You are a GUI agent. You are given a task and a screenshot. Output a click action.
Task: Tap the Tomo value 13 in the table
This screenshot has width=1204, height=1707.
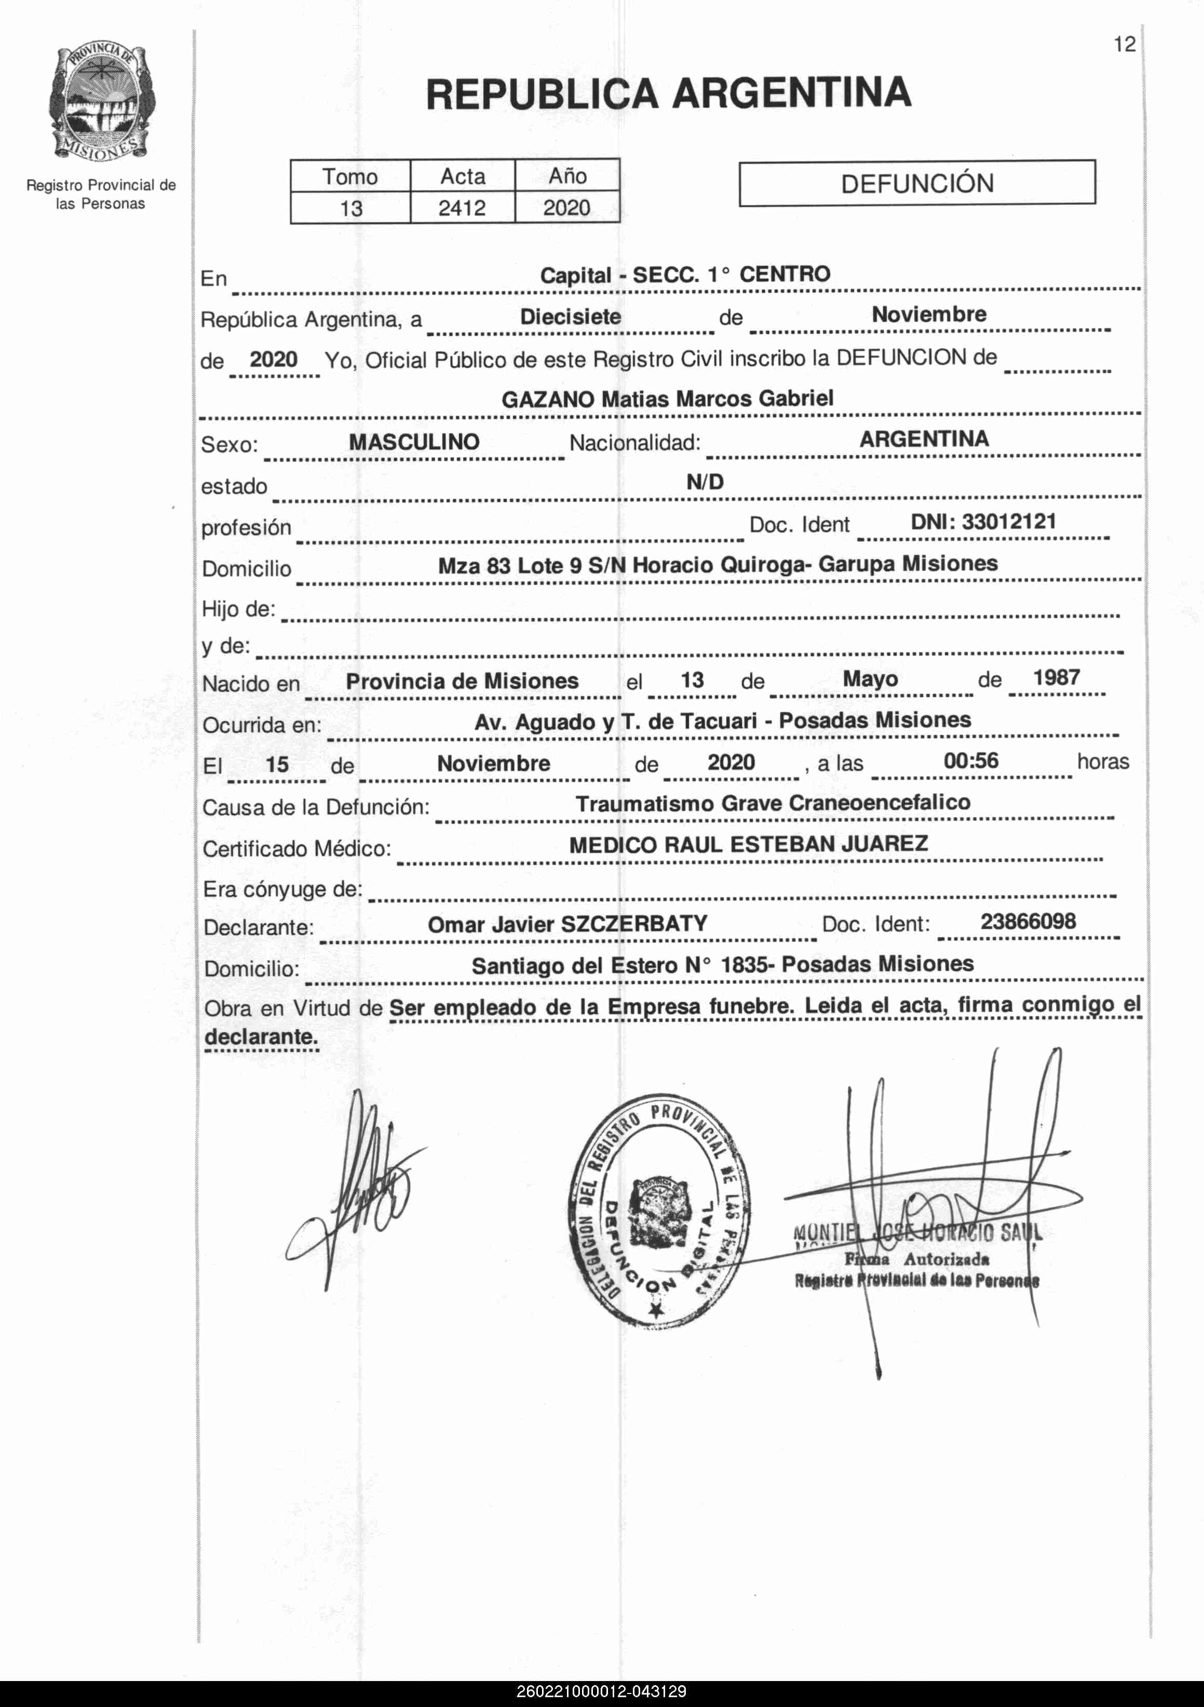click(x=351, y=208)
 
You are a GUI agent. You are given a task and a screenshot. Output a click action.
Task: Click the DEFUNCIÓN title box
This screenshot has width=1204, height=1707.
click(x=917, y=183)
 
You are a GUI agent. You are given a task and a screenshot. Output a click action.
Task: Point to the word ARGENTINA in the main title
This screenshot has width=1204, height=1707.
click(x=791, y=93)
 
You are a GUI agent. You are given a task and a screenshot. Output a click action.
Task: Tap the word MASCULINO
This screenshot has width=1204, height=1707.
click(x=414, y=442)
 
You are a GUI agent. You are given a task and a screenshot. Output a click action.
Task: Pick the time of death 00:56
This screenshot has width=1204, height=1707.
click(x=970, y=760)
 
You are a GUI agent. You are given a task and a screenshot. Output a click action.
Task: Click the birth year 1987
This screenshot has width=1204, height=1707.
click(x=1056, y=677)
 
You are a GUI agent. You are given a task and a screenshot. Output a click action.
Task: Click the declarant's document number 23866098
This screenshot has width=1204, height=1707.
click(x=1028, y=921)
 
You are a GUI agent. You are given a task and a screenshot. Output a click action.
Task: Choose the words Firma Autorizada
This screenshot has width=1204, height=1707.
click(x=916, y=1260)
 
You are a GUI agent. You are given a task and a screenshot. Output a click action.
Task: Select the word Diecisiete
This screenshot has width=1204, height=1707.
click(x=571, y=317)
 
